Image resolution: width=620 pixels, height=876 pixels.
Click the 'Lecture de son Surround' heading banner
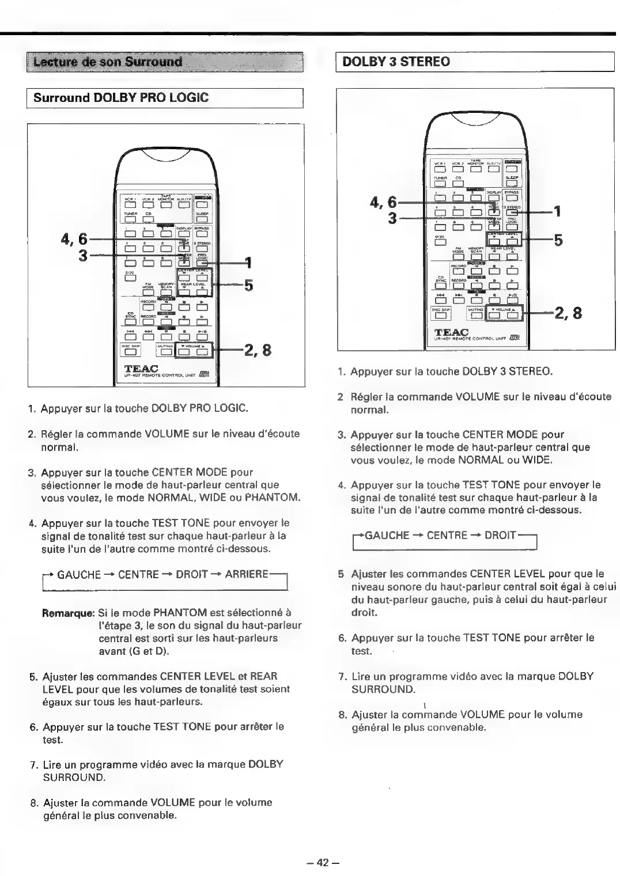pyautogui.click(x=108, y=62)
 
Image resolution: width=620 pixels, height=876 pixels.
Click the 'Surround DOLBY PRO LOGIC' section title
pyautogui.click(x=121, y=97)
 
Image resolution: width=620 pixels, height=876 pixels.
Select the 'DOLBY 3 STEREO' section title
pyautogui.click(x=396, y=62)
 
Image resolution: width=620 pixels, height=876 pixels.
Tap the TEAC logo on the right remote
pyautogui.click(x=452, y=333)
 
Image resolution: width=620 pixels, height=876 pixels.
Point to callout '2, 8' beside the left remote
pyautogui.click(x=258, y=350)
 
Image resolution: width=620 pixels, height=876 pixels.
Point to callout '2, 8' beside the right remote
pyautogui.click(x=568, y=313)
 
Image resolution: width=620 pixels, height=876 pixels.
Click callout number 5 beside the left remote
pyautogui.click(x=249, y=285)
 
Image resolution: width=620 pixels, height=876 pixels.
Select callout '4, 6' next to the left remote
pyautogui.click(x=74, y=238)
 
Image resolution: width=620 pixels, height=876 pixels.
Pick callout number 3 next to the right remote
pyautogui.click(x=392, y=219)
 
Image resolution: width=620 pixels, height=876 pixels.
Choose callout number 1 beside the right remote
pyautogui.click(x=557, y=211)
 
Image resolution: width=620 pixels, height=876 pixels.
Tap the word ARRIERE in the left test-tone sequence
pyautogui.click(x=247, y=574)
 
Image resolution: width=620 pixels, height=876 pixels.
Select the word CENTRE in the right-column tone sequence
pyautogui.click(x=447, y=535)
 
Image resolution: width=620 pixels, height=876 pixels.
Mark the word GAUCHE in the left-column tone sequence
pyautogui.click(x=79, y=574)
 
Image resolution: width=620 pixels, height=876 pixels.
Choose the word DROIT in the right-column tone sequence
pyautogui.click(x=500, y=535)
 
